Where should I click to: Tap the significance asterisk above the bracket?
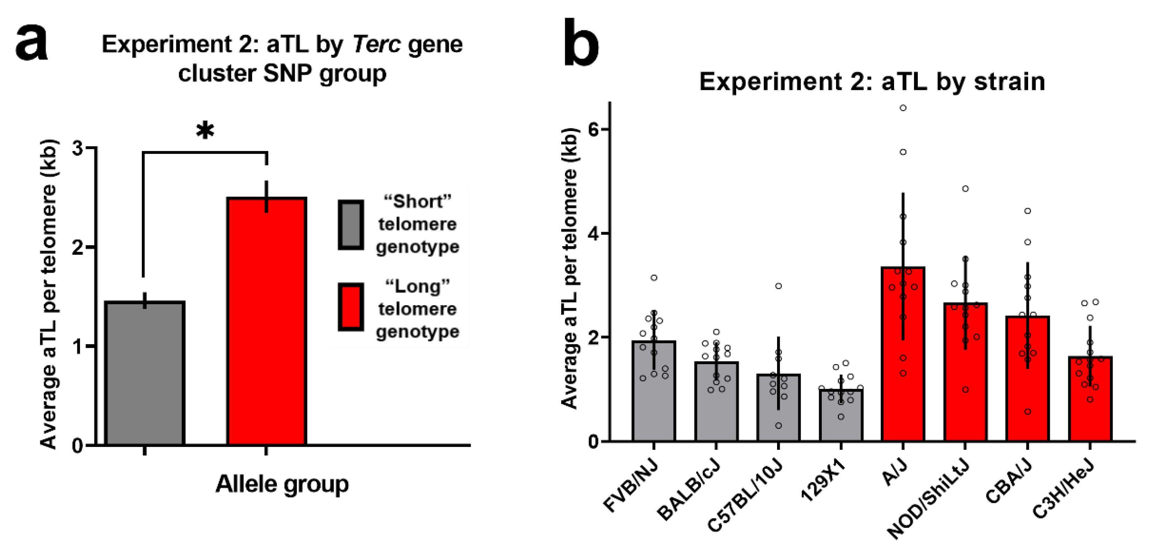click(x=205, y=131)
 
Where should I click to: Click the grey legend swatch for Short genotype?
click(x=351, y=225)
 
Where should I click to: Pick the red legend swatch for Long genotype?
click(x=351, y=307)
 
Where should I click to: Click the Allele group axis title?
click(x=282, y=484)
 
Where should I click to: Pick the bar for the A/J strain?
click(x=903, y=357)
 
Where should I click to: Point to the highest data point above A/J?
click(x=903, y=108)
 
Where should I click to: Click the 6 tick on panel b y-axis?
click(x=593, y=129)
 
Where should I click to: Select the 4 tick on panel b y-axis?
click(x=593, y=233)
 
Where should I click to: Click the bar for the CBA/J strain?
click(x=1027, y=380)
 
